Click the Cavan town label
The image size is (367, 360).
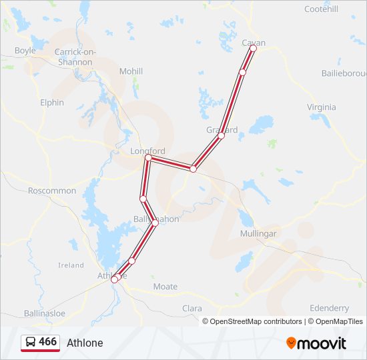pos(254,43)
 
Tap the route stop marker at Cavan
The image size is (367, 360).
pos(254,49)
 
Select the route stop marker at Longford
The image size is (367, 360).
pos(148,158)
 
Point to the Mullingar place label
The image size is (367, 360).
pos(258,234)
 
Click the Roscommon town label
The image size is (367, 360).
pos(52,191)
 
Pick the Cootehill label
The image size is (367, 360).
pos(321,9)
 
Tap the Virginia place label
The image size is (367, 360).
pos(322,107)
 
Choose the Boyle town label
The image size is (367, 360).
pos(25,51)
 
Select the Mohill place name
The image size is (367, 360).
pos(131,71)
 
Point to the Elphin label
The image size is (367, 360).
pos(52,103)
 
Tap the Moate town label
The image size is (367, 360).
pos(165,287)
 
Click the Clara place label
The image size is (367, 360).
pos(192,309)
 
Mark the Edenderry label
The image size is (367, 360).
pos(329,308)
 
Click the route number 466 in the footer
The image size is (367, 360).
pos(47,342)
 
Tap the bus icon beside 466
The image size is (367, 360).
pos(30,343)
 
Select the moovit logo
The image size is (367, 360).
pos(316,343)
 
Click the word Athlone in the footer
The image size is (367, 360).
pos(85,343)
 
